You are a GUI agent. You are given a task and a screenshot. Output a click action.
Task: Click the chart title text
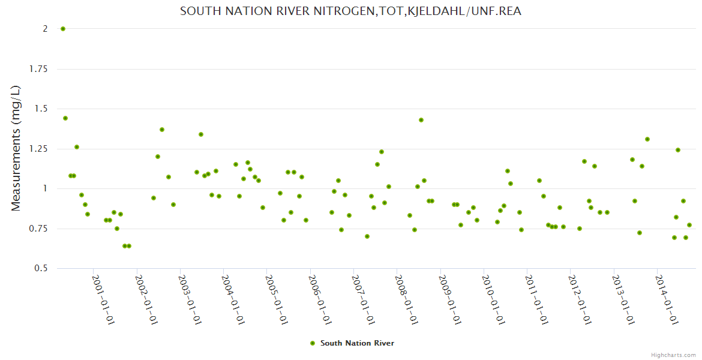pyautogui.click(x=350, y=11)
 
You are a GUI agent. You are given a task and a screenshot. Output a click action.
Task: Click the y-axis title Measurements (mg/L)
pyautogui.click(x=16, y=148)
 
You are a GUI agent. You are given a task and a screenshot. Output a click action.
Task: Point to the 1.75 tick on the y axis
pyautogui.click(x=41, y=69)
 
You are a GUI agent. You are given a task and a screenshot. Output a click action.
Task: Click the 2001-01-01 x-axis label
pyautogui.click(x=103, y=300)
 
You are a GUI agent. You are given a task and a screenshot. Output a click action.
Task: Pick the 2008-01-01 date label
pyautogui.click(x=406, y=300)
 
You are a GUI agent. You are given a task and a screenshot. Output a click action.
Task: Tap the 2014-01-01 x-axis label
pyautogui.click(x=667, y=300)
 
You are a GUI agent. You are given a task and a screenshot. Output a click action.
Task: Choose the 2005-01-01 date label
pyautogui.click(x=276, y=300)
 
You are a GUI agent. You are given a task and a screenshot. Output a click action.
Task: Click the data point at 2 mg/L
pyautogui.click(x=63, y=29)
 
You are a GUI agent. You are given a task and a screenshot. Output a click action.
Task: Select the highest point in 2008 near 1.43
pyautogui.click(x=421, y=120)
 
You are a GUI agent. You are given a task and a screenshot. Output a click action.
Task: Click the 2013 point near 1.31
pyautogui.click(x=647, y=139)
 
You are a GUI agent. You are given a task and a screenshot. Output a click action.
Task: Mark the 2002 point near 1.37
pyautogui.click(x=162, y=130)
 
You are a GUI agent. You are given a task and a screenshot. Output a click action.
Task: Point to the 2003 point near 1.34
pyautogui.click(x=201, y=134)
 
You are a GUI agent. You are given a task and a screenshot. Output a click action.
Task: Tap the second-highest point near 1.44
pyautogui.click(x=65, y=118)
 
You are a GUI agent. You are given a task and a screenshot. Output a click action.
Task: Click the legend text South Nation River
pyautogui.click(x=357, y=343)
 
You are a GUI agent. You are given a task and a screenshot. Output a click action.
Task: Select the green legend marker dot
pyautogui.click(x=312, y=343)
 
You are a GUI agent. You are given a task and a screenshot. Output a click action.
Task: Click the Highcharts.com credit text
pyautogui.click(x=673, y=355)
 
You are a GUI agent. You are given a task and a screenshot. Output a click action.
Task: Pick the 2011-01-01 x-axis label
pyautogui.click(x=536, y=300)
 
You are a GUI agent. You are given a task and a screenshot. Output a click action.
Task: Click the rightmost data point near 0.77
pyautogui.click(x=689, y=225)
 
